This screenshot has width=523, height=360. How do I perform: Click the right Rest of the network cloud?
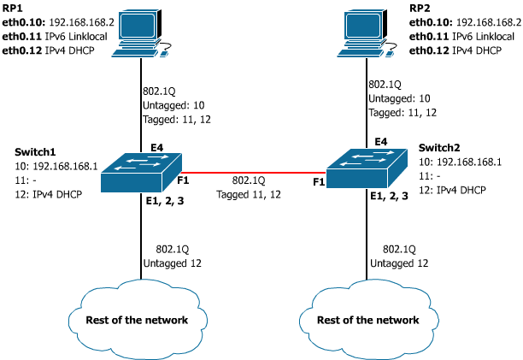tap(368, 319)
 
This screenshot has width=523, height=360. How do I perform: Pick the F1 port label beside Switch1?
tap(184, 181)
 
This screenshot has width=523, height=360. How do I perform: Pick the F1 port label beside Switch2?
tap(319, 181)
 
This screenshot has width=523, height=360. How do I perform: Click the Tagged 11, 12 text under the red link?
tap(249, 194)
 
